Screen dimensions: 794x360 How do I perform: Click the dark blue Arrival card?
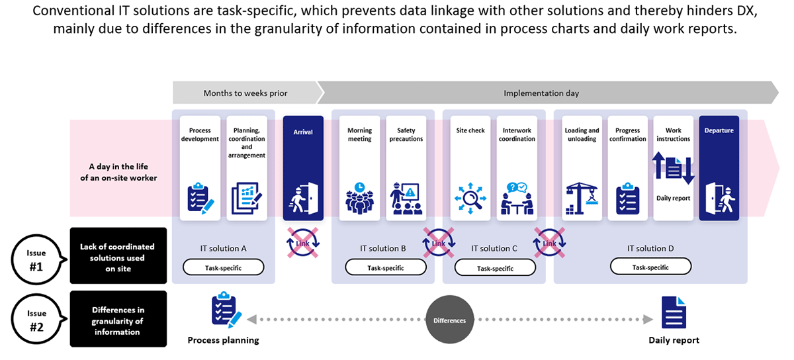click(x=303, y=168)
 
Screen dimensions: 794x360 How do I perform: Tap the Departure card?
click(x=719, y=168)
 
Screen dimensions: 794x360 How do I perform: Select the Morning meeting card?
click(x=359, y=168)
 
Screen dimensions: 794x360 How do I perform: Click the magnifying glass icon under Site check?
click(x=470, y=199)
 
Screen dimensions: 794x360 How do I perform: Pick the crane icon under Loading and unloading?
click(x=582, y=199)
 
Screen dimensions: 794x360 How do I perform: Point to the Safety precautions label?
click(x=406, y=134)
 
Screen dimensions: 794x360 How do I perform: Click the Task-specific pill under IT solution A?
click(x=224, y=267)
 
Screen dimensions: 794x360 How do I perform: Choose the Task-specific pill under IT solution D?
click(x=650, y=267)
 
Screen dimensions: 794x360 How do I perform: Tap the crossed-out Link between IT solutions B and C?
click(x=439, y=243)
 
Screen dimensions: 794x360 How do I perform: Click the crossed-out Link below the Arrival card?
click(x=303, y=243)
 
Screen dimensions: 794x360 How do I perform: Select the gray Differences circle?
click(x=449, y=320)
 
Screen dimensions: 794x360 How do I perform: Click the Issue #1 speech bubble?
click(x=37, y=259)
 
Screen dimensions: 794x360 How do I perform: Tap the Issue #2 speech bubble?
click(x=37, y=319)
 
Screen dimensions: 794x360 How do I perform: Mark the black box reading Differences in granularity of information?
click(x=118, y=319)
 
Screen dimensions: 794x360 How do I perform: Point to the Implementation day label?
click(x=541, y=93)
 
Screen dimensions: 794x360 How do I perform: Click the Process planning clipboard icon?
click(x=226, y=309)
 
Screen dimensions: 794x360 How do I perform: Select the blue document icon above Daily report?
click(x=674, y=312)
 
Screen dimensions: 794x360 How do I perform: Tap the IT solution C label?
click(x=494, y=248)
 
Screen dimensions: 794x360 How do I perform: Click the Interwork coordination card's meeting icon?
click(x=517, y=199)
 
